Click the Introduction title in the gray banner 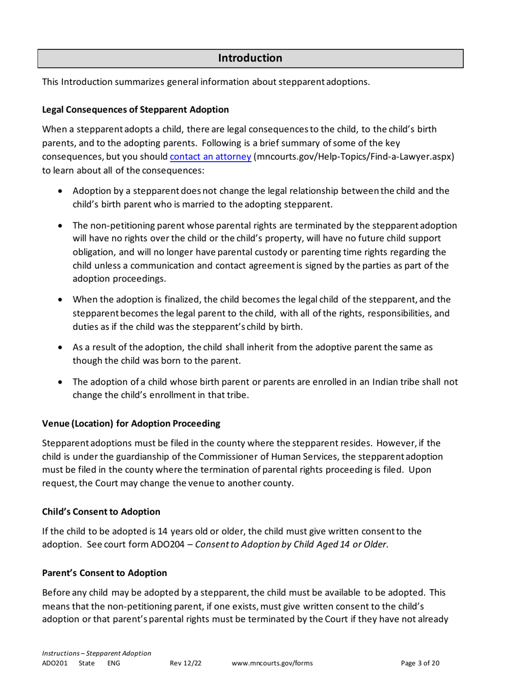click(251, 58)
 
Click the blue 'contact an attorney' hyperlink click(211, 157)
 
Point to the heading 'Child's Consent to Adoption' click(101, 511)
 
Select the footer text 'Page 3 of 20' click(420, 663)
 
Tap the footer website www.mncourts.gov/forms click(272, 663)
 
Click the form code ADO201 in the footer click(55, 663)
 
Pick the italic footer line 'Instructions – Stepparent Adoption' click(97, 653)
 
